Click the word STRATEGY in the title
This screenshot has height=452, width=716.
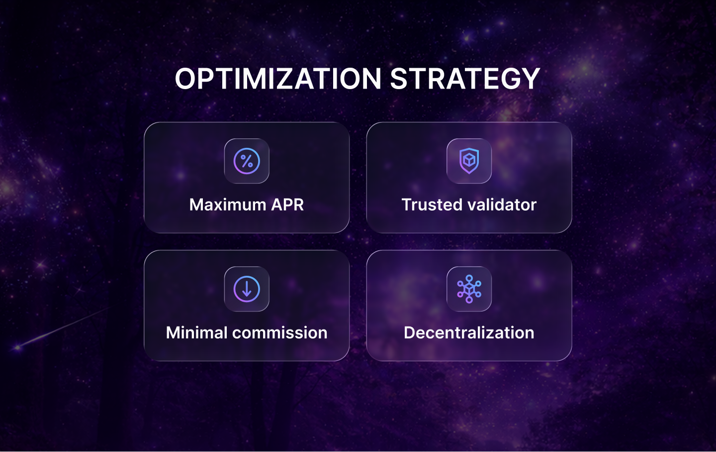(x=465, y=79)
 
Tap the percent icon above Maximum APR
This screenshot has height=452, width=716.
(x=247, y=161)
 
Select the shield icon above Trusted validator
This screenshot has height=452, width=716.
(x=469, y=161)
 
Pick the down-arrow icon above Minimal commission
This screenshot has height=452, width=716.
(x=247, y=289)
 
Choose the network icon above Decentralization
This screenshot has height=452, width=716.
(x=469, y=289)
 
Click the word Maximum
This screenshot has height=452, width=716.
(x=228, y=205)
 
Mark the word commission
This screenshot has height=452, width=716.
(x=280, y=333)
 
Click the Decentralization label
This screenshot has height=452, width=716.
(x=469, y=333)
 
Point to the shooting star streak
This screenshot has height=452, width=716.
(x=60, y=329)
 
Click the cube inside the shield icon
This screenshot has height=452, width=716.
(x=469, y=160)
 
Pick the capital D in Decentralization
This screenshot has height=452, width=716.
(x=410, y=333)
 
